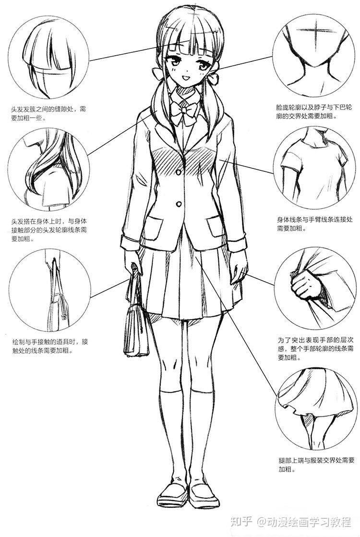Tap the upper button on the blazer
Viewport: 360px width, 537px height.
tap(179, 172)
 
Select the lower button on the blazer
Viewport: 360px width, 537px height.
tap(179, 204)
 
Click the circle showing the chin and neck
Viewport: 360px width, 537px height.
tap(313, 56)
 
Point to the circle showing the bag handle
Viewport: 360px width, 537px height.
tap(50, 290)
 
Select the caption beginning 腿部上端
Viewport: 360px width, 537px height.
tap(316, 465)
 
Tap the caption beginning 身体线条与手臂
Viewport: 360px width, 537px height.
tap(314, 223)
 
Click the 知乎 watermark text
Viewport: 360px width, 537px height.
tap(241, 522)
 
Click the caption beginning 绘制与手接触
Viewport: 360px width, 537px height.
tap(50, 346)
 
